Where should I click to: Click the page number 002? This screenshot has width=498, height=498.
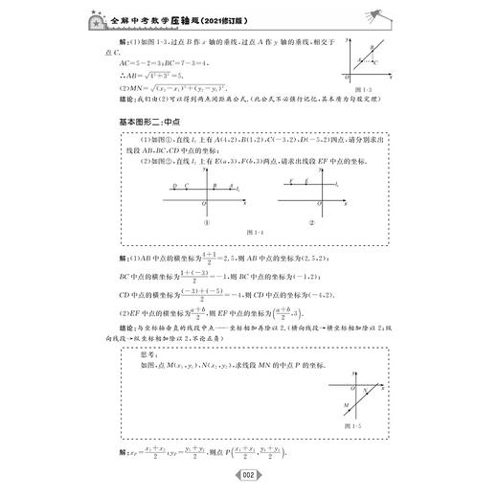point(248,476)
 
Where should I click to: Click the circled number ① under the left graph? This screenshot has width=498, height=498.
point(205,223)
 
